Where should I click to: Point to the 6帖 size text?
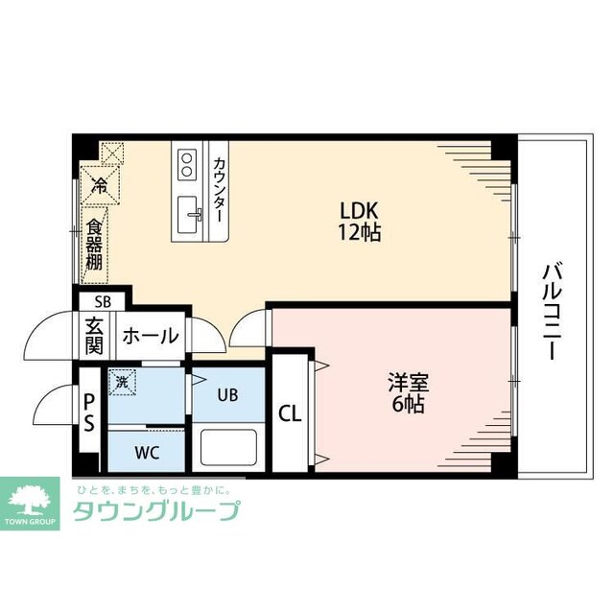click(407, 404)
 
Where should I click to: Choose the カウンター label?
click(219, 191)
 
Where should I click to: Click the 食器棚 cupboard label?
click(94, 245)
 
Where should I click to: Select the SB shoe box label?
click(103, 300)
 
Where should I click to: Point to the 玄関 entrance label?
click(93, 335)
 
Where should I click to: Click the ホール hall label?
click(150, 337)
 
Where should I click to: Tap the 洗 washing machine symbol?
click(122, 381)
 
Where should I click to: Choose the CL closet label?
click(290, 414)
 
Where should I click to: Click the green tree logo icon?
click(33, 499)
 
